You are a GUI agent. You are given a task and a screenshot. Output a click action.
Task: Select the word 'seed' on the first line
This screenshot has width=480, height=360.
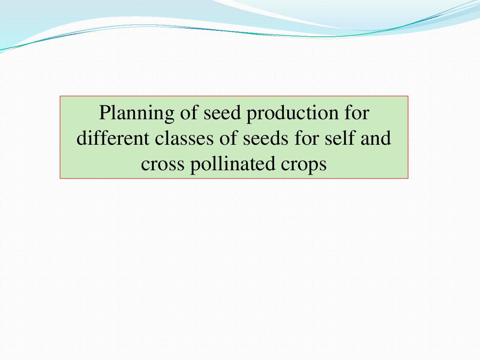pyautogui.click(x=222, y=113)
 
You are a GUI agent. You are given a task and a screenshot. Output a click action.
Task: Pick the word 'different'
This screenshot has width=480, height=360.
pyautogui.click(x=113, y=138)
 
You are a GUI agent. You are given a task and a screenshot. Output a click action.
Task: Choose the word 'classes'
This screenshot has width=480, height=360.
pyautogui.click(x=184, y=138)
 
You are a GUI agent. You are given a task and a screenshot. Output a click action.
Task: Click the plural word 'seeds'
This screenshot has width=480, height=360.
pyautogui.click(x=265, y=138)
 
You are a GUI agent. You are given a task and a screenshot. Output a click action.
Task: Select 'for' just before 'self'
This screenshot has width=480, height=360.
pyautogui.click(x=306, y=138)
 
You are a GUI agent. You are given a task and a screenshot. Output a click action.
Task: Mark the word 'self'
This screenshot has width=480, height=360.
pyautogui.click(x=340, y=138)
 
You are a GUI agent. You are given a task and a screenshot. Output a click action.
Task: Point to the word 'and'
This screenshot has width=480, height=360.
pyautogui.click(x=376, y=138)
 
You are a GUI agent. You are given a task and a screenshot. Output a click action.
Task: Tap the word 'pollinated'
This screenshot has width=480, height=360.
pyautogui.click(x=232, y=164)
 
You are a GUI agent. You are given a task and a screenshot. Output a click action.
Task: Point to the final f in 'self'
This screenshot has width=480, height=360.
pyautogui.click(x=350, y=138)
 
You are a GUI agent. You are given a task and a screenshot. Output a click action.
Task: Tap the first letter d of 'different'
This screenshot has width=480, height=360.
pyautogui.click(x=82, y=138)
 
